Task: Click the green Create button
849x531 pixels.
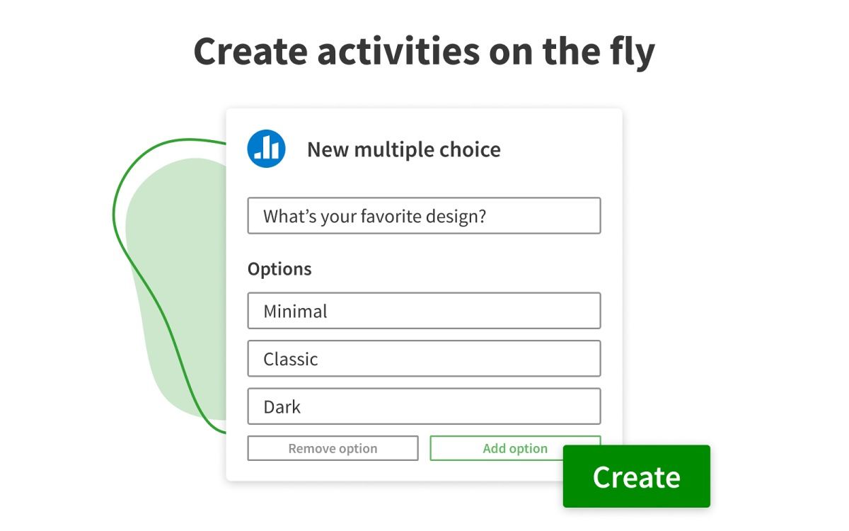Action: pyautogui.click(x=636, y=476)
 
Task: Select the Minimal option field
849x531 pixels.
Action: pyautogui.click(x=424, y=311)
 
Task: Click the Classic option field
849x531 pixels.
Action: pyautogui.click(x=424, y=358)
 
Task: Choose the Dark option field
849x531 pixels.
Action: pyautogui.click(x=424, y=406)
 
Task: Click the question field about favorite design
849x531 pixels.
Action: pyautogui.click(x=424, y=216)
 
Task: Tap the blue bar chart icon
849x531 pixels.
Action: pyautogui.click(x=266, y=149)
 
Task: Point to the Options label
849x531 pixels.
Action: pyautogui.click(x=279, y=269)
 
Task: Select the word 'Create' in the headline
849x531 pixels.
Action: pyautogui.click(x=250, y=51)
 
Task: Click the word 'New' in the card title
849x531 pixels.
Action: pyautogui.click(x=327, y=149)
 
